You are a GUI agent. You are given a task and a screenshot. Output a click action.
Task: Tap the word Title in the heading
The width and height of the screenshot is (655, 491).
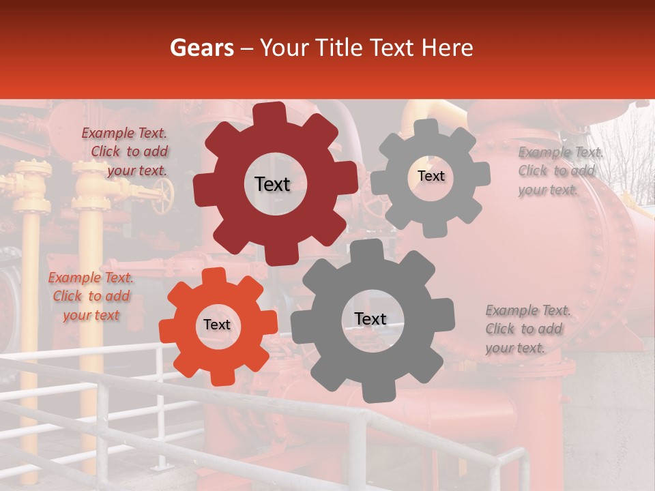339,48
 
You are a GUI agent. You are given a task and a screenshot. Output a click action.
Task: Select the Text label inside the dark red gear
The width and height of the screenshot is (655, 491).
272,184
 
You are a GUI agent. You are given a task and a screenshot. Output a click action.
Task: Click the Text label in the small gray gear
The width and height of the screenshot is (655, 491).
431,176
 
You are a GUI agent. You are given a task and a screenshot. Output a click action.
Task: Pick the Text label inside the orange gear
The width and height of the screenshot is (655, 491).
217,325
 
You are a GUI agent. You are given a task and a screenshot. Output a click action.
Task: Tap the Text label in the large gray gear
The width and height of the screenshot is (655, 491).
370,318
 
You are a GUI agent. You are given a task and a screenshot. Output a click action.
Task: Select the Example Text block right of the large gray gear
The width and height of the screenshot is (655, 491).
527,329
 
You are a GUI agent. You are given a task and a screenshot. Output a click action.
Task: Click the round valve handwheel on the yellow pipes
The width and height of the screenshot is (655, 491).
162,197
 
